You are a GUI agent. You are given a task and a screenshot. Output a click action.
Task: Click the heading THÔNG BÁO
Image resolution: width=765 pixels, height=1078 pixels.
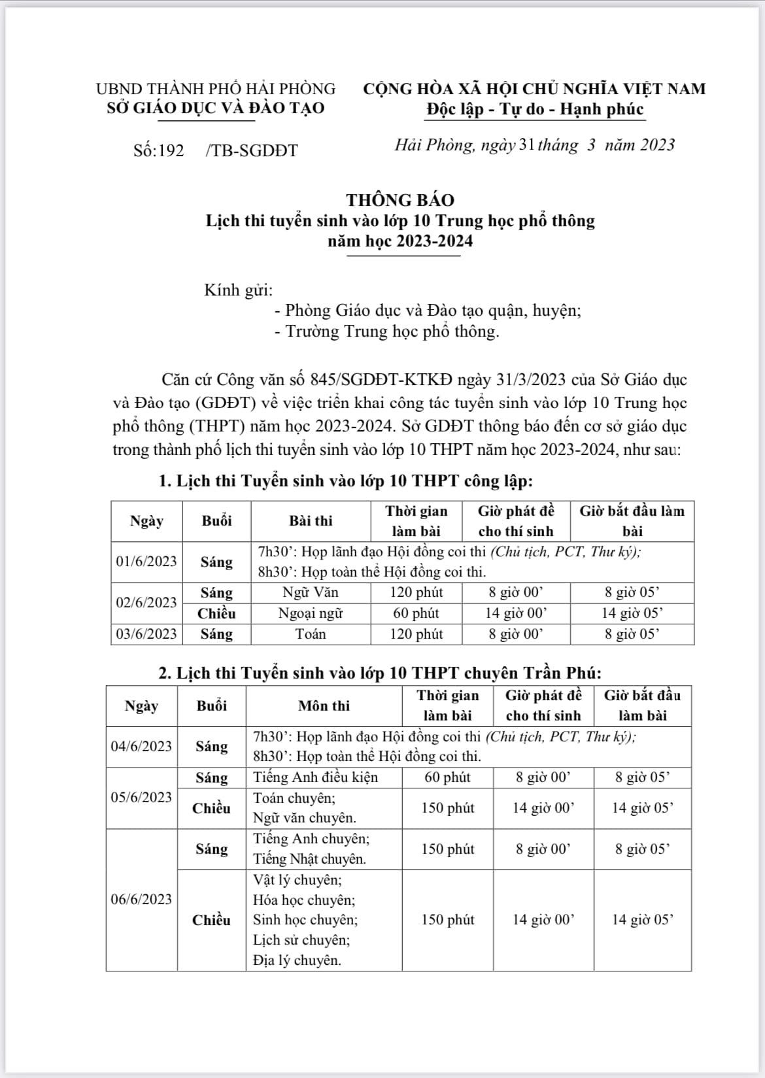400,199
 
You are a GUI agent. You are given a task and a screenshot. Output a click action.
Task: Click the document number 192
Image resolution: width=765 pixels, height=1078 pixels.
171,150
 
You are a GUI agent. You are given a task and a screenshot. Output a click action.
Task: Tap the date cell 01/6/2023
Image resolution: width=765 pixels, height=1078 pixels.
146,562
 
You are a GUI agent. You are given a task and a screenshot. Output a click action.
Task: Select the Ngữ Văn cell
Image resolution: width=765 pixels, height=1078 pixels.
311,593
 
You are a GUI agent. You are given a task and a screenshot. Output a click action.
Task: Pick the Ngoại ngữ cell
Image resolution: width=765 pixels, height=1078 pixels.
311,613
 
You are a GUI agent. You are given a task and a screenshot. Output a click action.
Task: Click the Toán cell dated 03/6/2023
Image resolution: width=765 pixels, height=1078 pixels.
311,634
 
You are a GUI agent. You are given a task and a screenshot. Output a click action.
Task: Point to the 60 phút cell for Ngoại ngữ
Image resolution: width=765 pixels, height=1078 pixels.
416,613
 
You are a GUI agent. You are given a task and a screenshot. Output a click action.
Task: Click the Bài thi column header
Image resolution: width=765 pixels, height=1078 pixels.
311,521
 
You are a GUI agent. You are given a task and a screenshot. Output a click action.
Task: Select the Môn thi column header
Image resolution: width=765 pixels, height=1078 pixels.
324,706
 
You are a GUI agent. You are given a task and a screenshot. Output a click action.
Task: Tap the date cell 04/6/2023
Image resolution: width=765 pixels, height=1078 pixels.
141,747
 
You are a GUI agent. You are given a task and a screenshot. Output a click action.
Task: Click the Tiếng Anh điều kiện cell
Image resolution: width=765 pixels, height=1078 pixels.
316,777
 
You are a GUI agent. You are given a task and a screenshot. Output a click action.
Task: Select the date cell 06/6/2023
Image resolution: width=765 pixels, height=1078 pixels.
141,900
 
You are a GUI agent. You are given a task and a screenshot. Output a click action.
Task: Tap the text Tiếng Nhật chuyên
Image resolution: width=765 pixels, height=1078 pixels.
309,859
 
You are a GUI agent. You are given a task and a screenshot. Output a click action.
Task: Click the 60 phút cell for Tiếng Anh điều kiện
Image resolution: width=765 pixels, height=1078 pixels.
447,777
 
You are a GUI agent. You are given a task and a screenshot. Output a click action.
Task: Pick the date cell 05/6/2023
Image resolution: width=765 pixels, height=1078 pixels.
141,798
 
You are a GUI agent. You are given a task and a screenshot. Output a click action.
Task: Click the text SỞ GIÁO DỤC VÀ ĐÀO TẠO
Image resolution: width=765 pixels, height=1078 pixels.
216,108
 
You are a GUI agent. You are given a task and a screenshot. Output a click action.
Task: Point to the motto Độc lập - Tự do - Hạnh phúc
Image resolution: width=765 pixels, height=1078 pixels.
535,109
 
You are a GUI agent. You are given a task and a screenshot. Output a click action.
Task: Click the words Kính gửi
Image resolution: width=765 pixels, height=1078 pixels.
239,290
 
